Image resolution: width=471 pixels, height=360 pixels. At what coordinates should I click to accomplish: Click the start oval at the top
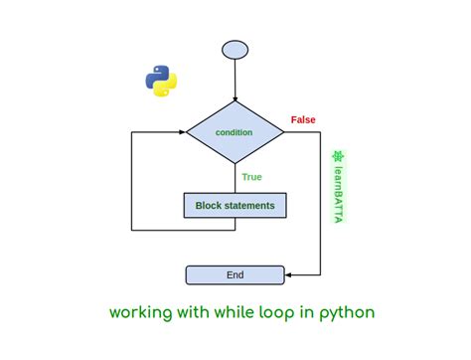(x=235, y=49)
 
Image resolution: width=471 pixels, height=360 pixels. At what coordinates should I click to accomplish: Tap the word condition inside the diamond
(x=235, y=132)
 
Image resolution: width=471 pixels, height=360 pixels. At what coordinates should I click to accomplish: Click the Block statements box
(x=235, y=206)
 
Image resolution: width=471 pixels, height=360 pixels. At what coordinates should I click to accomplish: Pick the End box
(x=235, y=274)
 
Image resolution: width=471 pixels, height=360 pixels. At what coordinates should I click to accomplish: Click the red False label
(x=303, y=119)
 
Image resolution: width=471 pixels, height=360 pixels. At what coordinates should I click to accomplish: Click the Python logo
(x=160, y=82)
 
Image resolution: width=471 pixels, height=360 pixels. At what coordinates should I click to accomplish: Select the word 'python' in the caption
(x=348, y=313)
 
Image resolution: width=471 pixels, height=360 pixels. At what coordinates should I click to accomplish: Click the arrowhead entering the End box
(x=288, y=274)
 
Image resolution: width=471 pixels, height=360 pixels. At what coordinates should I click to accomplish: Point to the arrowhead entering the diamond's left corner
(x=183, y=131)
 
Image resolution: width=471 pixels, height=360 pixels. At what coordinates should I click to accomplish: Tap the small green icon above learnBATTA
(x=338, y=157)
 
